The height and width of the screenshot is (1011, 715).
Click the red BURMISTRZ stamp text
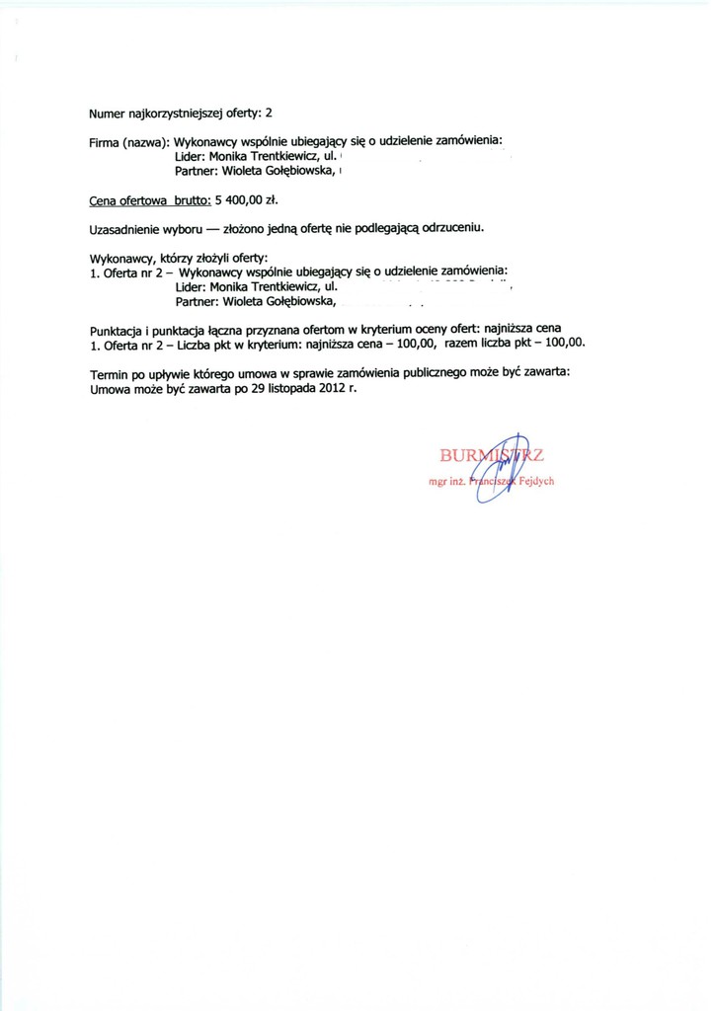(x=491, y=455)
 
